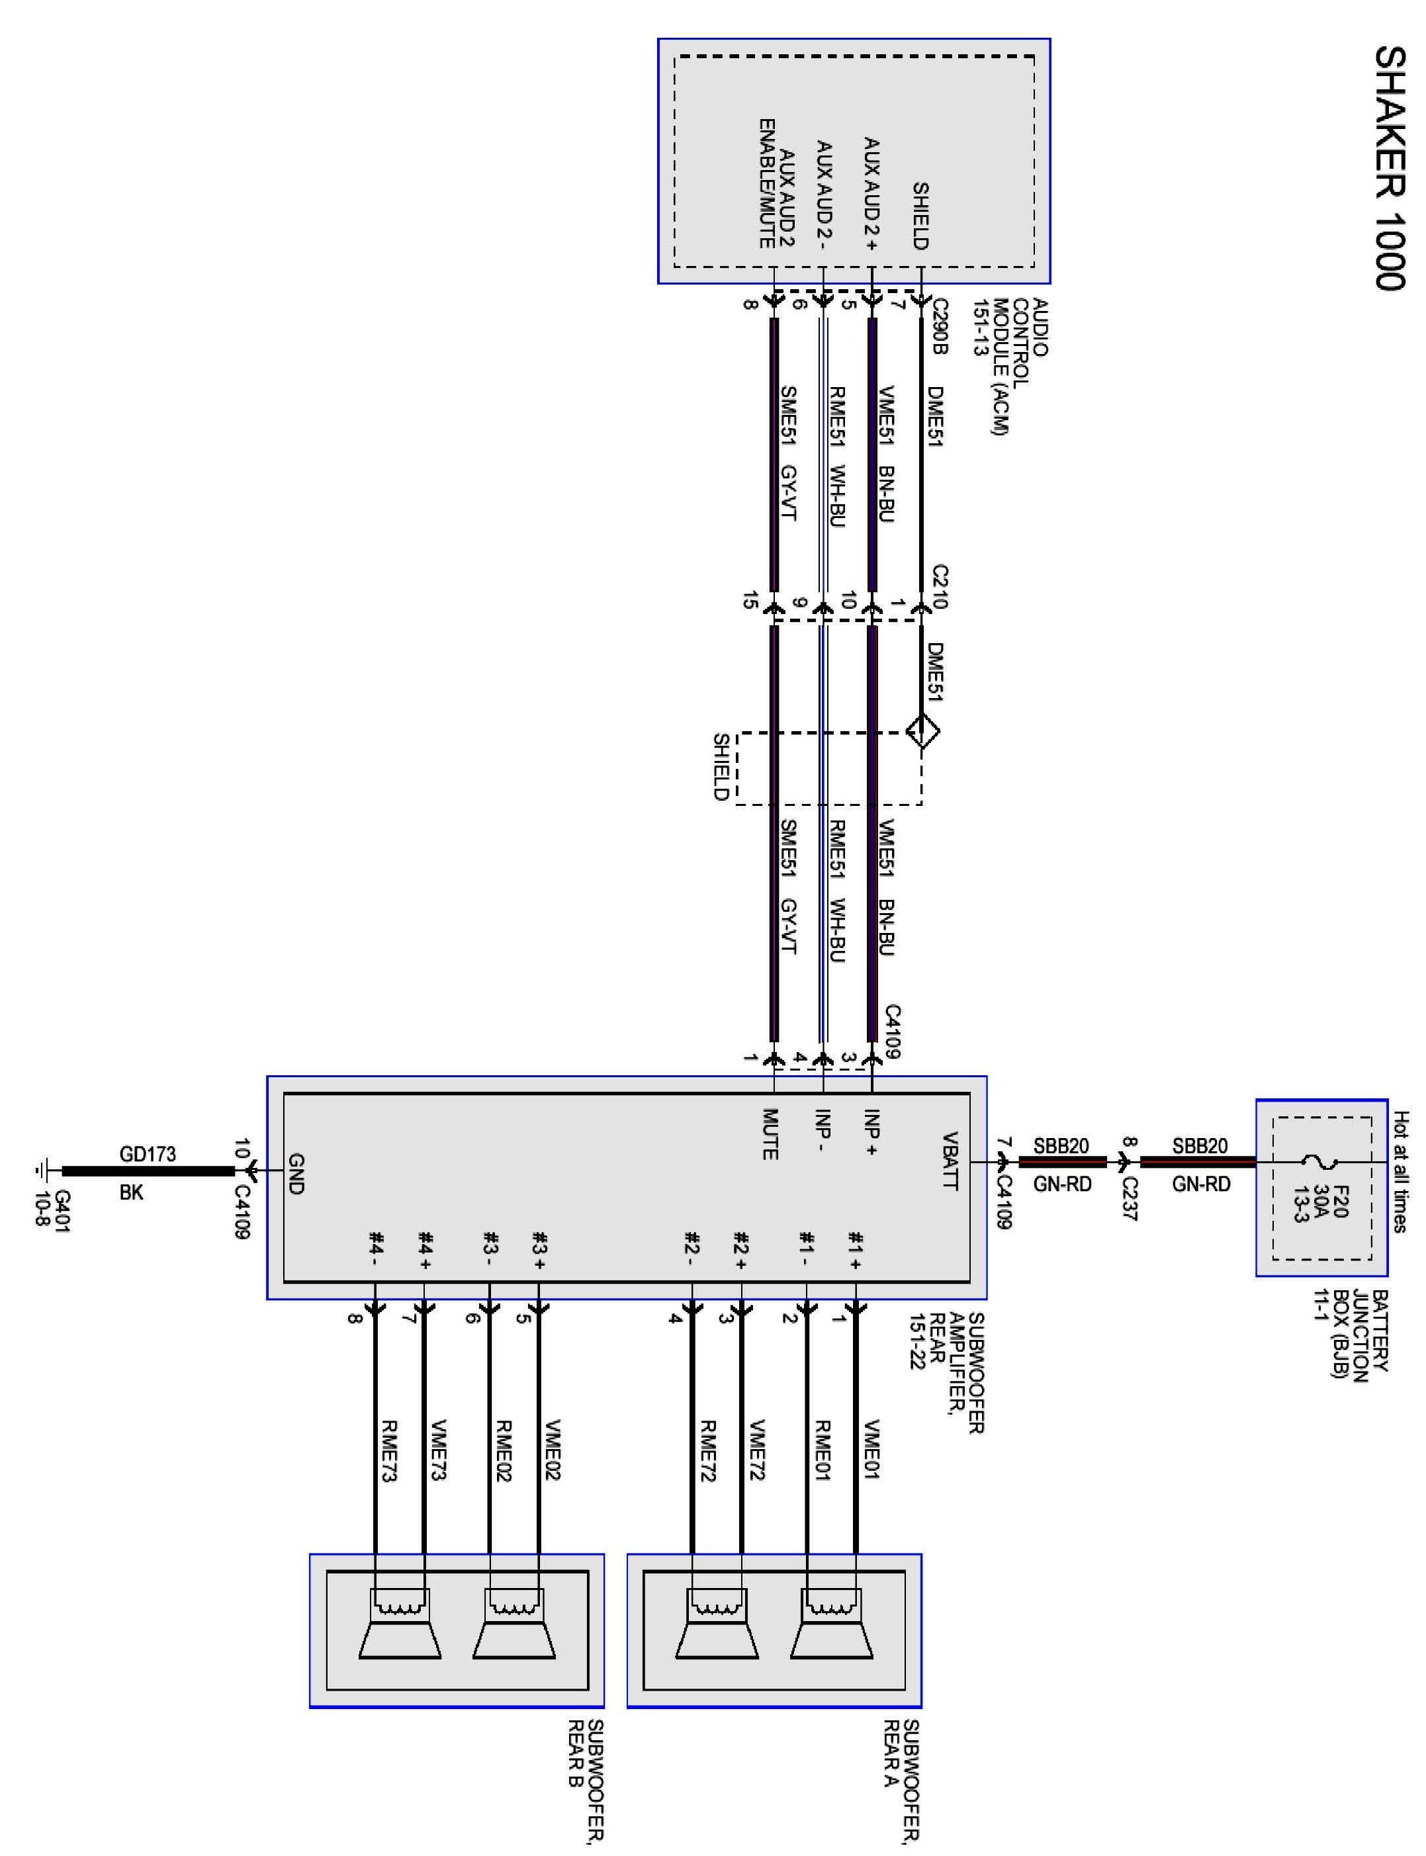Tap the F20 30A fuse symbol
click(1321, 1162)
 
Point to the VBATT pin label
click(950, 1162)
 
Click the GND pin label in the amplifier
click(295, 1174)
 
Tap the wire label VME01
click(871, 1450)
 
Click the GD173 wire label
click(148, 1154)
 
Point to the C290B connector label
click(940, 326)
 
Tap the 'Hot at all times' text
click(1402, 1171)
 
